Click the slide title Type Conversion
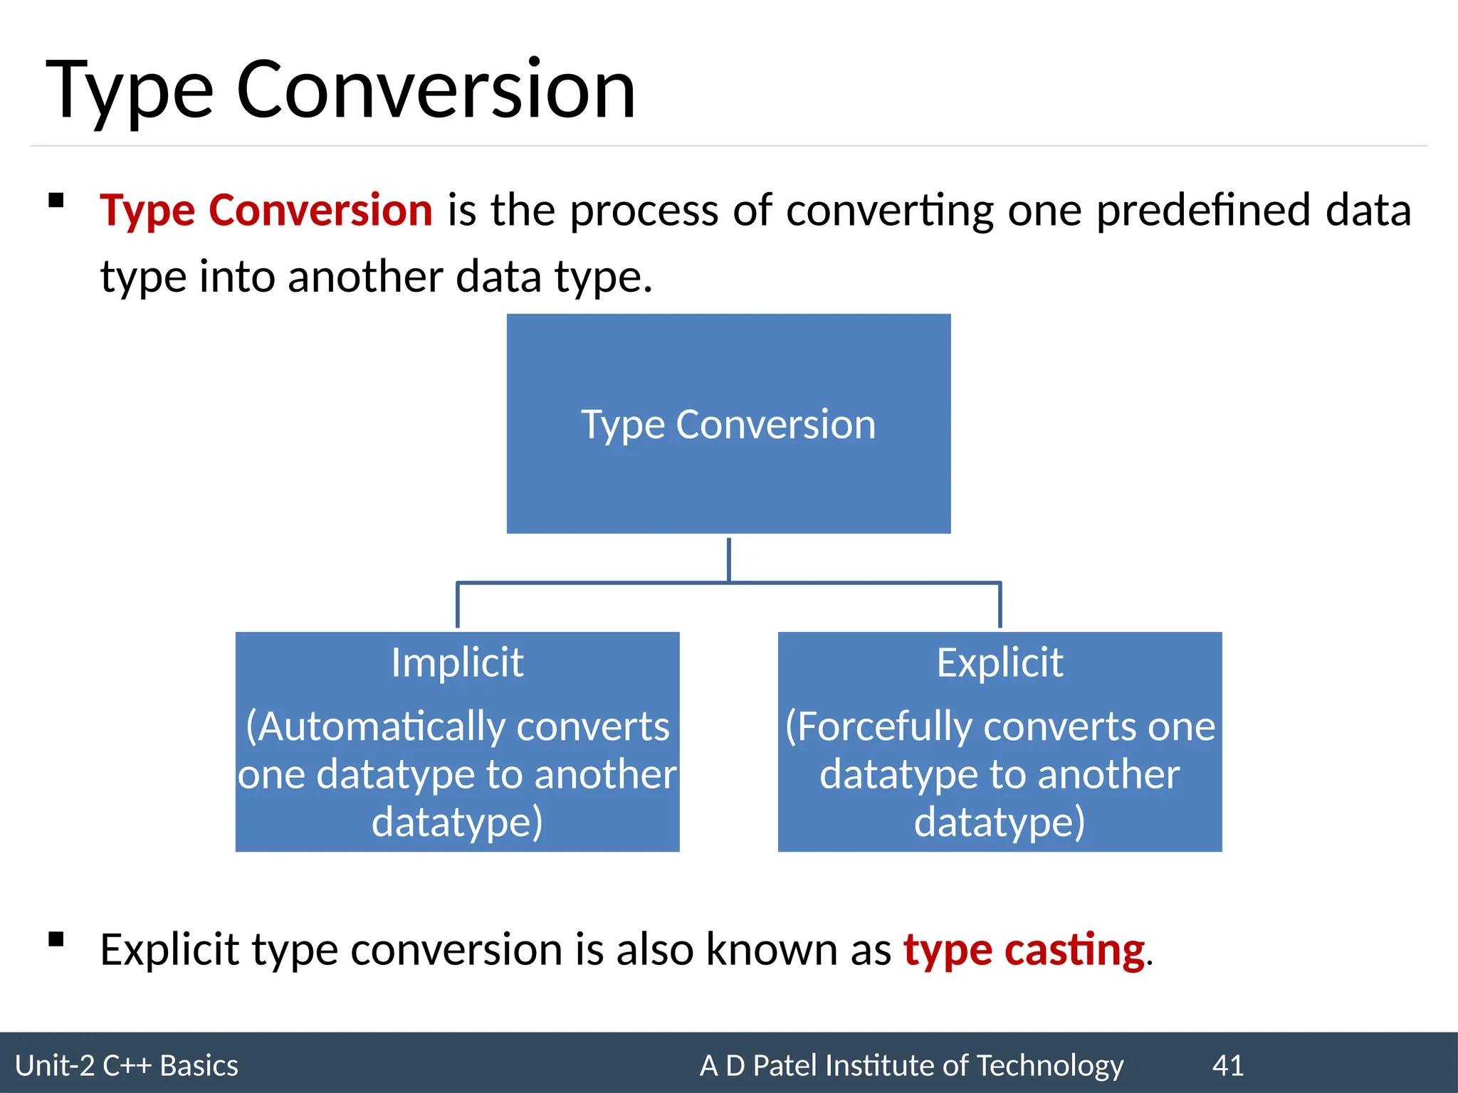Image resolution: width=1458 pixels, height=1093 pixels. tap(340, 90)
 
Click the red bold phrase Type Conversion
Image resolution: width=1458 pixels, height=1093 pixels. tap(266, 211)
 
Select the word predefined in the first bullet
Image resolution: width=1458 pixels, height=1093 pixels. tap(1203, 211)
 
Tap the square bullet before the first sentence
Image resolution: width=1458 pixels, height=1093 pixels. tap(56, 201)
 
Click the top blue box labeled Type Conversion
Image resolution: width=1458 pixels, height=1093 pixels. tap(728, 424)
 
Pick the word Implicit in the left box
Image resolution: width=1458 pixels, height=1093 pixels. tap(457, 662)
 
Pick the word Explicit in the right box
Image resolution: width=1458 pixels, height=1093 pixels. tap(1000, 662)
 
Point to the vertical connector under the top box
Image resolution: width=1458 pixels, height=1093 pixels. tap(728, 559)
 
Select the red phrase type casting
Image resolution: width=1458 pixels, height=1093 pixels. tap(1024, 950)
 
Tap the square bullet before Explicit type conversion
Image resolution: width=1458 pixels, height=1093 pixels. tap(56, 940)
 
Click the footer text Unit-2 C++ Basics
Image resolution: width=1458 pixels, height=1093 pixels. tap(127, 1066)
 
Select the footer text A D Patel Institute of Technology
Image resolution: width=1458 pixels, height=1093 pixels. tap(911, 1066)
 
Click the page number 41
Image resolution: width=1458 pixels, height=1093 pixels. tap(1228, 1066)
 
